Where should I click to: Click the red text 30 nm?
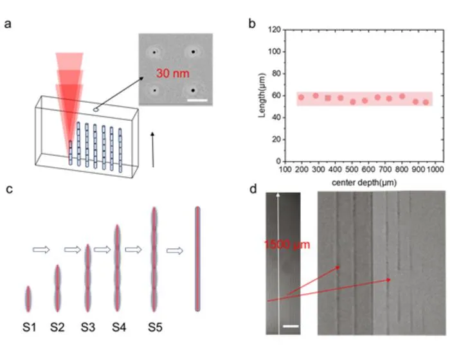tap(173, 73)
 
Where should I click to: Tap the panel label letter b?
tap(252, 24)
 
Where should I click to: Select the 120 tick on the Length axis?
tap(274, 30)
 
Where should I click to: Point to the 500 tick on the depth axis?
tap(352, 169)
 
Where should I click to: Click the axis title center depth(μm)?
tap(364, 183)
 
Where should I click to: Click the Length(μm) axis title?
tap(262, 95)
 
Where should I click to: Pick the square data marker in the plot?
tap(328, 98)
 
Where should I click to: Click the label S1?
tap(30, 327)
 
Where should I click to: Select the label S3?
tap(88, 327)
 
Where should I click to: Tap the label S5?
tap(156, 327)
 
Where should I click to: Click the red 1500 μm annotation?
tap(287, 244)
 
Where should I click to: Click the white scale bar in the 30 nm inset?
tap(197, 100)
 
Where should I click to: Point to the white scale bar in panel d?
tap(291, 326)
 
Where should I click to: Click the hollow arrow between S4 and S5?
tap(134, 249)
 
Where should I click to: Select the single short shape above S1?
tap(28, 299)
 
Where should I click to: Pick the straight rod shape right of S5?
tap(197, 259)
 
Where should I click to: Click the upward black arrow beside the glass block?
tap(153, 150)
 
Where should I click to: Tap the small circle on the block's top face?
tap(96, 110)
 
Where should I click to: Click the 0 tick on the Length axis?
tap(278, 161)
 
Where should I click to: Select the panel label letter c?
tap(10, 190)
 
